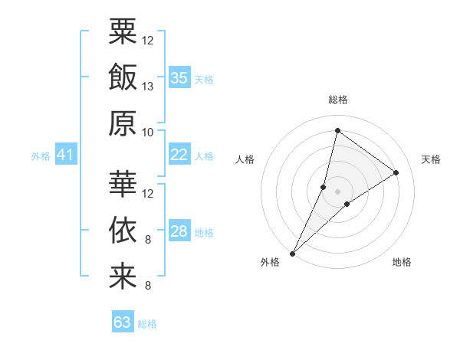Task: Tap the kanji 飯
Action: (x=123, y=78)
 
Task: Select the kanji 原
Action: (x=123, y=124)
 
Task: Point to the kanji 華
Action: (x=123, y=185)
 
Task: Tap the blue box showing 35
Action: (x=179, y=78)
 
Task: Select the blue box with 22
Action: (x=179, y=155)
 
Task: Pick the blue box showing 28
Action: (x=179, y=231)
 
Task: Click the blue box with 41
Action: (x=66, y=155)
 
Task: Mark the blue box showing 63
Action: (x=123, y=322)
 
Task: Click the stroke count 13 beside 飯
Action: (x=148, y=86)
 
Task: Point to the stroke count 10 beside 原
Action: (x=148, y=132)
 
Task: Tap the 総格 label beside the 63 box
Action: (x=147, y=324)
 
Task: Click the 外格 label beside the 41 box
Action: (x=41, y=156)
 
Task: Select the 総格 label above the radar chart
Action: (x=337, y=100)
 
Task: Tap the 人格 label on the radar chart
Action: (x=245, y=159)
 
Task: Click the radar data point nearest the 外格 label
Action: (x=292, y=253)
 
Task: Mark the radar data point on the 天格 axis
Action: (x=396, y=172)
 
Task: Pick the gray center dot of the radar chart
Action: (x=337, y=191)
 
